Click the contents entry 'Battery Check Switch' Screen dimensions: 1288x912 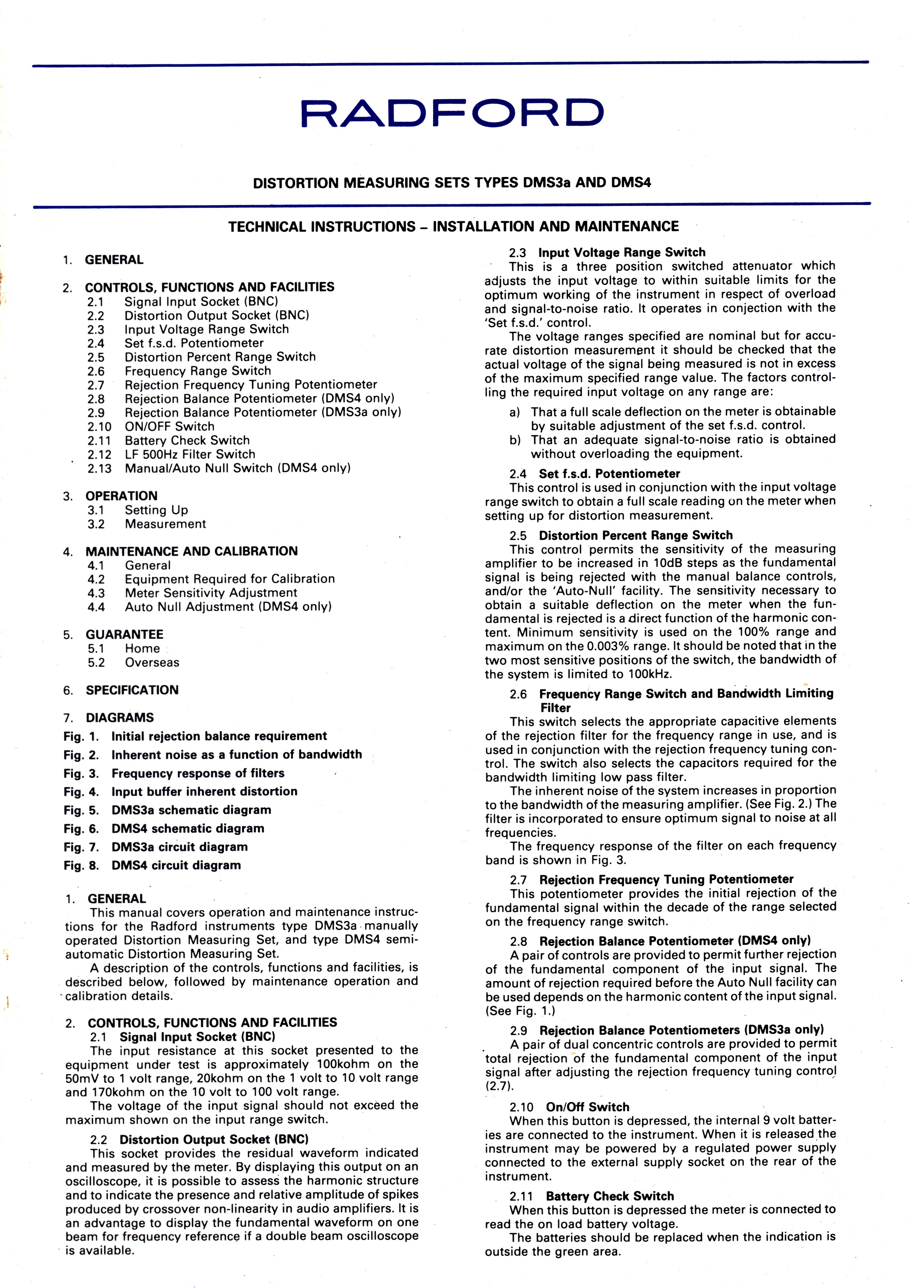(x=187, y=440)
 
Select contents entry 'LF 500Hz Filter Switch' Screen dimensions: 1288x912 (x=190, y=455)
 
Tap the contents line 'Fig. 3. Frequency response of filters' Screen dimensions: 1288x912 (x=174, y=773)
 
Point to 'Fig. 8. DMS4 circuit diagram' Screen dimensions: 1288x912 (x=152, y=866)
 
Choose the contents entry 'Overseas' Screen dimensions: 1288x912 (x=151, y=663)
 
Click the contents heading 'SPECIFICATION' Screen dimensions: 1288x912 (x=132, y=690)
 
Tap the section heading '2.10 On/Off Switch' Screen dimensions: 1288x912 (x=569, y=1107)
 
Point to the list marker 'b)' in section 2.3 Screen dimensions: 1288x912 (x=514, y=440)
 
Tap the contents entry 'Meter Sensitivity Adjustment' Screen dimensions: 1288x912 (x=211, y=593)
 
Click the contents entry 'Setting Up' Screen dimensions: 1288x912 (x=156, y=510)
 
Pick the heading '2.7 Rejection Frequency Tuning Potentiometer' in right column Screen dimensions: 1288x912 (x=651, y=880)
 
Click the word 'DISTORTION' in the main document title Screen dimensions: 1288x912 (x=296, y=183)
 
